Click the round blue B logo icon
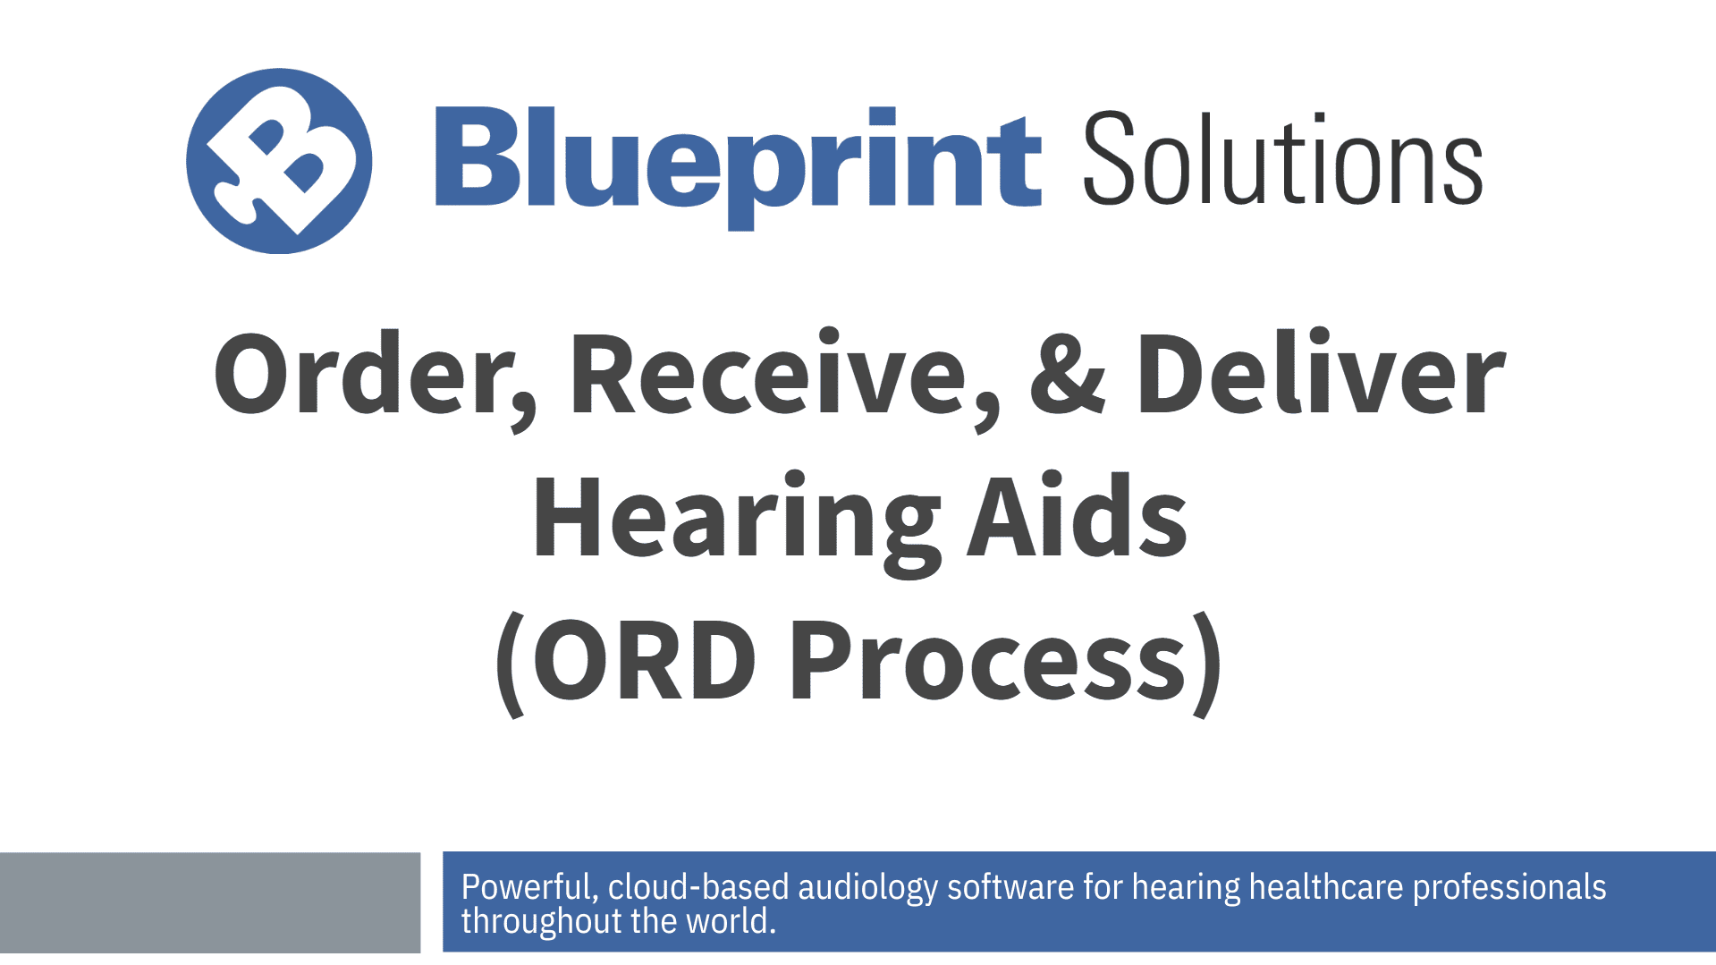[279, 162]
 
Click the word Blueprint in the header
[738, 161]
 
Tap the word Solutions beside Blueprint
[1282, 161]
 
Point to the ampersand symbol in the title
[1068, 374]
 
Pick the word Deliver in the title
[1320, 374]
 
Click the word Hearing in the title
[736, 519]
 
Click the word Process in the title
[986, 663]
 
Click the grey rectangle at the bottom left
[209, 902]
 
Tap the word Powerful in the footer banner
[526, 887]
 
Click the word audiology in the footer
[866, 887]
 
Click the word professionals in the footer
[1509, 887]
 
